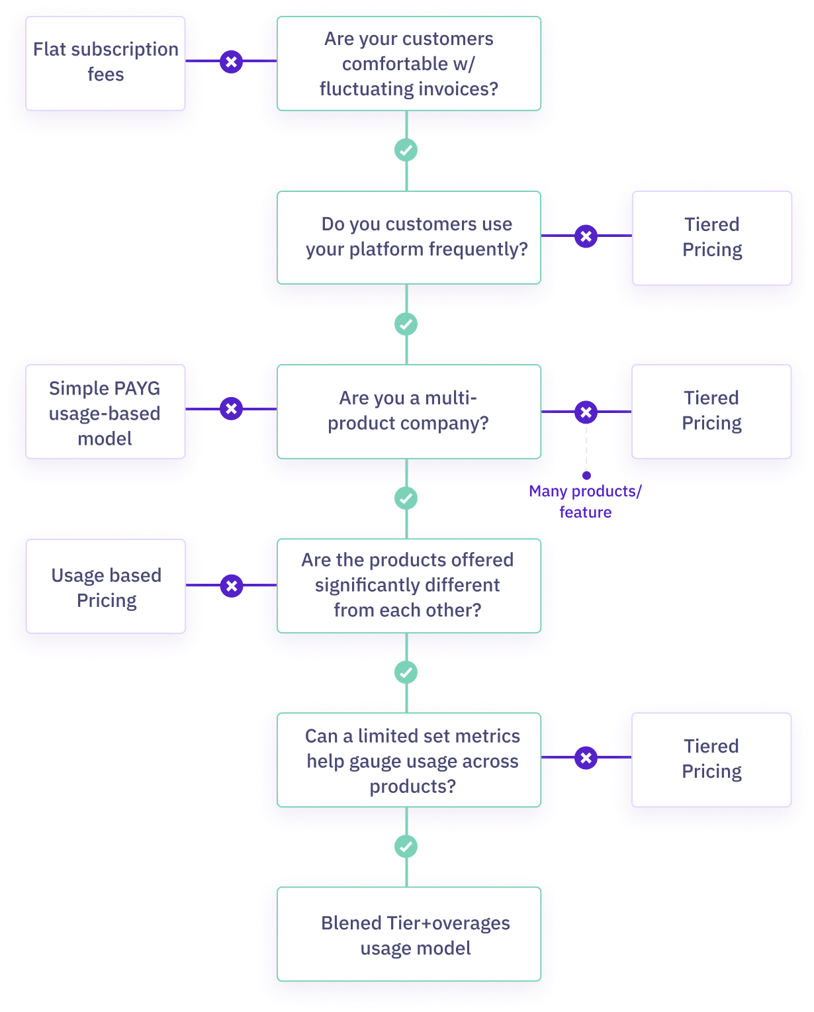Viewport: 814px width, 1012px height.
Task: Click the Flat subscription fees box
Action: (x=105, y=62)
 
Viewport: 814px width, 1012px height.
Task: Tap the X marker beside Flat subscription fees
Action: (x=231, y=62)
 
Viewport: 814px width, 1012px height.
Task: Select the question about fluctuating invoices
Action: (x=408, y=64)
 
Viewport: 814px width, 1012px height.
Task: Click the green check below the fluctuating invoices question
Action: (x=406, y=150)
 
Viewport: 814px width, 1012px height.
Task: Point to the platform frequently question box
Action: (x=408, y=237)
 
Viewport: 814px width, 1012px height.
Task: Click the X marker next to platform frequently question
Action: (x=586, y=236)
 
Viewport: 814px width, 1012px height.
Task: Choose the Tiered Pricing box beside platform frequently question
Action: (x=711, y=237)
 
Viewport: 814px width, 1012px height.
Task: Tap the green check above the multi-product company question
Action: (x=406, y=324)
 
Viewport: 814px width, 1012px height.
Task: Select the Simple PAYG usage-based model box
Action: (x=105, y=412)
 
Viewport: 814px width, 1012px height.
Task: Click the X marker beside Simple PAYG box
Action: (x=231, y=409)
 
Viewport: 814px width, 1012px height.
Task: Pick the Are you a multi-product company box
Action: (x=408, y=411)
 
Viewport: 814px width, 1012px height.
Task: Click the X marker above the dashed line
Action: (x=586, y=412)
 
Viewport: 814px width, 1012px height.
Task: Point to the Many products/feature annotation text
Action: (x=585, y=502)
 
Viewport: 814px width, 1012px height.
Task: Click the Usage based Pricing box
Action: (x=106, y=587)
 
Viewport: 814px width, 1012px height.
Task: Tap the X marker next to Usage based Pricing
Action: (x=231, y=586)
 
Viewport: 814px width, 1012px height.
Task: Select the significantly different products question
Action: (x=408, y=585)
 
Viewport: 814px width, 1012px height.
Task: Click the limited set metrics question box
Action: (x=408, y=760)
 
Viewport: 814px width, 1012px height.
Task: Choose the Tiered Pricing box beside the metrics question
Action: (x=711, y=759)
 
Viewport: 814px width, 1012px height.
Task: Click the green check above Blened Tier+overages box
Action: (x=406, y=847)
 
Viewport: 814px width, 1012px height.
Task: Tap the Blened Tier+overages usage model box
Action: (x=408, y=935)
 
